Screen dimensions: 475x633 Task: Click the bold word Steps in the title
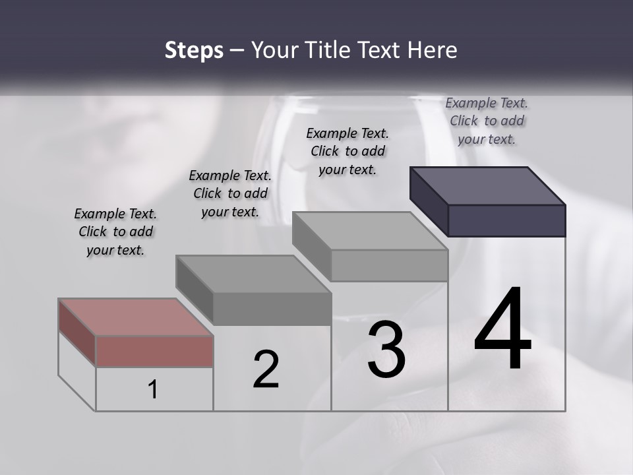tap(194, 50)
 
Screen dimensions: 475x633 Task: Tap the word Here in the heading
tap(433, 50)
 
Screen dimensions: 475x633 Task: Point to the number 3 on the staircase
tap(386, 349)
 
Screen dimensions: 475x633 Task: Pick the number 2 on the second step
tap(266, 370)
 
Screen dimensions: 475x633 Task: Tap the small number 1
tap(153, 389)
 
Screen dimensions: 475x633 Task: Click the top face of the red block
tap(135, 317)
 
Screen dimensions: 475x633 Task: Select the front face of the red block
tap(154, 351)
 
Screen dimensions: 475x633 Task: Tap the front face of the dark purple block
tap(506, 220)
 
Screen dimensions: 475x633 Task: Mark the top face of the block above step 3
tap(369, 231)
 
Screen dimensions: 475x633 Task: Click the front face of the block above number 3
tap(389, 265)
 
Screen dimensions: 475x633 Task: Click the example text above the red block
tap(115, 232)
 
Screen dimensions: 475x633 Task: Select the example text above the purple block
tap(487, 121)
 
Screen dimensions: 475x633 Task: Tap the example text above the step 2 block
tap(230, 193)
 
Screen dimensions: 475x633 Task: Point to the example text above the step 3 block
tap(347, 151)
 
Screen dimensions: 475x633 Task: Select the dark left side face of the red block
tap(76, 332)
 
